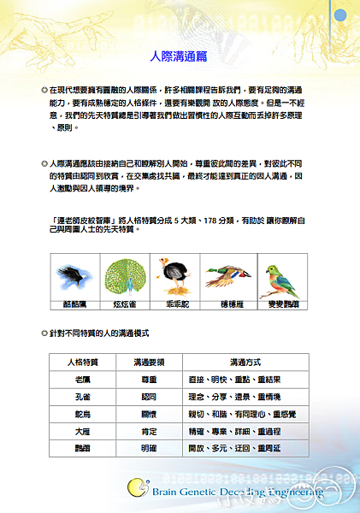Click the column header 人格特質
coord(83,362)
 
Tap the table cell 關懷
coord(149,415)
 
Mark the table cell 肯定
coord(149,432)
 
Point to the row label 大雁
coord(83,432)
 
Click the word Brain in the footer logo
coord(168,492)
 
